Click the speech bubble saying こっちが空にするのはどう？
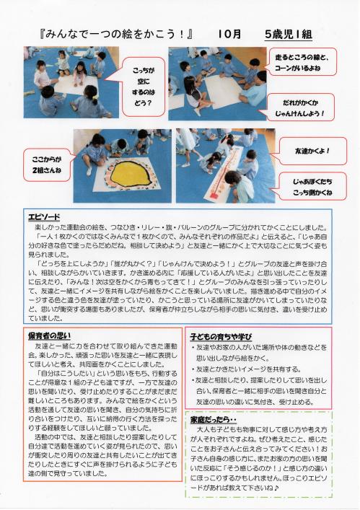click(x=143, y=76)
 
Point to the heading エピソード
click(x=44, y=216)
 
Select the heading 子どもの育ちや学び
click(x=221, y=335)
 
